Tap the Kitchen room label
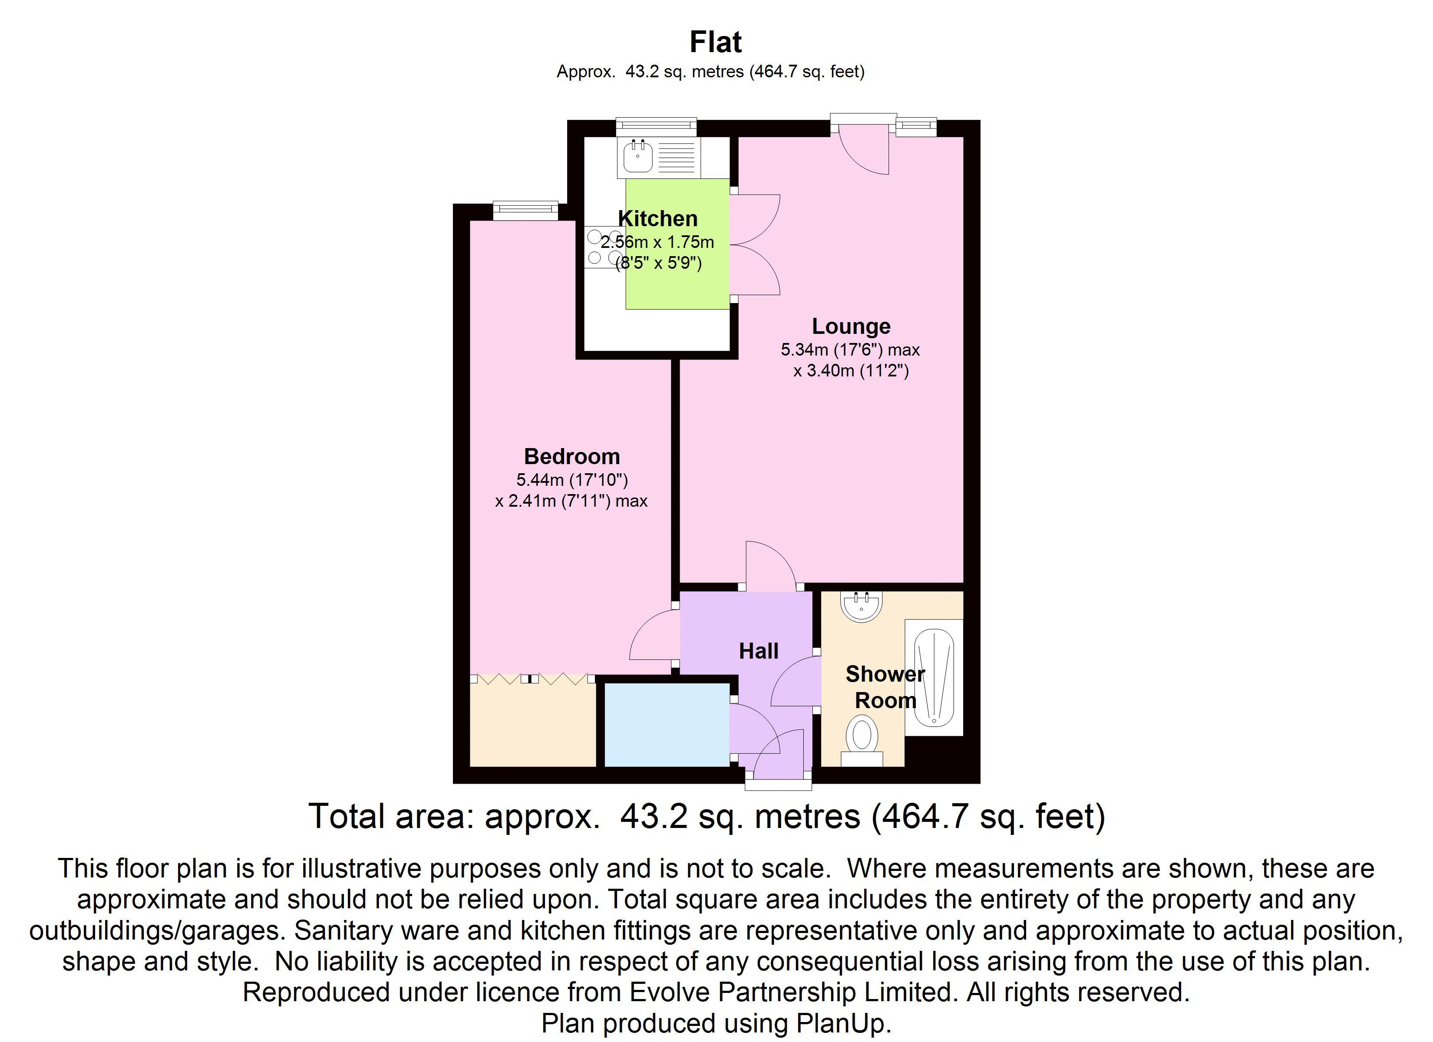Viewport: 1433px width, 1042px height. (658, 219)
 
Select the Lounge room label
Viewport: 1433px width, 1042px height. (851, 326)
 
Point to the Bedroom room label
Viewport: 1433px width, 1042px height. (572, 456)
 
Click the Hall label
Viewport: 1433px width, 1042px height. (759, 651)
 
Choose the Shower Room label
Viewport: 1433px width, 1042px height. (885, 687)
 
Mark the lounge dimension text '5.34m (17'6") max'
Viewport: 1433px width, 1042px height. (850, 350)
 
